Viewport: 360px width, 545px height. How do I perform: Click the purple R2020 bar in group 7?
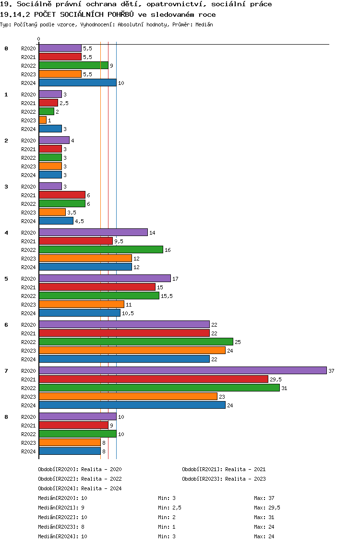(x=182, y=370)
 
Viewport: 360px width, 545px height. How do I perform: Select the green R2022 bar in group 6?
(x=136, y=342)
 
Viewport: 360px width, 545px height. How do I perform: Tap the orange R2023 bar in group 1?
(x=43, y=120)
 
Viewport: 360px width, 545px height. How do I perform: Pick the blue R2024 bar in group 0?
(x=77, y=83)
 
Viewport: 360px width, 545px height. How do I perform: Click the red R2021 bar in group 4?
(x=75, y=241)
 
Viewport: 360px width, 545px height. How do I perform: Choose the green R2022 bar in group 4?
(x=101, y=249)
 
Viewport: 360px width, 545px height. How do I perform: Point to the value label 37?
(x=331, y=371)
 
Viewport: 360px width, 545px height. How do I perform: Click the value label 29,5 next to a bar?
(x=276, y=379)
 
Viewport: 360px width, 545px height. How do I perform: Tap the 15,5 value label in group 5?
(x=167, y=296)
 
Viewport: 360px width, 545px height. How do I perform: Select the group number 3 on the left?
(x=6, y=187)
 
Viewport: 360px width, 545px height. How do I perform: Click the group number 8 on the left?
(x=6, y=417)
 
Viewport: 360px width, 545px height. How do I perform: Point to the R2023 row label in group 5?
(x=28, y=305)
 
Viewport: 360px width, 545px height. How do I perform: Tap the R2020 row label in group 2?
(x=28, y=141)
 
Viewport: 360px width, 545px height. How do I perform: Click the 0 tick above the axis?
(x=39, y=39)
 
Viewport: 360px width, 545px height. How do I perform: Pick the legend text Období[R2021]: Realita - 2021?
(x=224, y=469)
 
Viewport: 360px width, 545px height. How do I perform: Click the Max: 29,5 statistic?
(x=267, y=508)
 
